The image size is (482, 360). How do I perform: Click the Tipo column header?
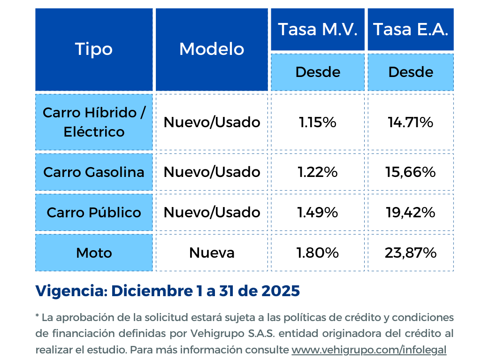point(94,49)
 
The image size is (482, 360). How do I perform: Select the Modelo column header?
point(212,49)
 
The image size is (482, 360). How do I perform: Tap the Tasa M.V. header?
point(318,30)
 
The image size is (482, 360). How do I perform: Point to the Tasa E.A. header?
point(411,30)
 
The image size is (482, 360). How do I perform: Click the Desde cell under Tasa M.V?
point(318,72)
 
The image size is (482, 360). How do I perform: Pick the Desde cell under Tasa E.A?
point(411,72)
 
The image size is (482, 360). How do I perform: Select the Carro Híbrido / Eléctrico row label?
point(94,122)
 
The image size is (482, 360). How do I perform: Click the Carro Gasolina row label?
point(94,172)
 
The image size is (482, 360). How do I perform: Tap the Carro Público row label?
point(94,213)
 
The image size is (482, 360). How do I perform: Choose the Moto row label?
point(94,253)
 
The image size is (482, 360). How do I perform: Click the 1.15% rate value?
point(318,123)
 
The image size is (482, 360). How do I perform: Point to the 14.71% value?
point(411,123)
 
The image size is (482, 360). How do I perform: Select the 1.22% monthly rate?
point(318,172)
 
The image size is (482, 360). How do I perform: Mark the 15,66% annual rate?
point(411,172)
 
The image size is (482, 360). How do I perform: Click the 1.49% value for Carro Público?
point(318,213)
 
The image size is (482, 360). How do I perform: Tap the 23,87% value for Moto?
point(411,253)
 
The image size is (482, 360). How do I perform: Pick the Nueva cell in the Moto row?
point(212,253)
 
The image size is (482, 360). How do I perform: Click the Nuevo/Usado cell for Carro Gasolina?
point(212,172)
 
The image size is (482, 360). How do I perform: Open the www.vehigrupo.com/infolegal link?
point(369,350)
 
